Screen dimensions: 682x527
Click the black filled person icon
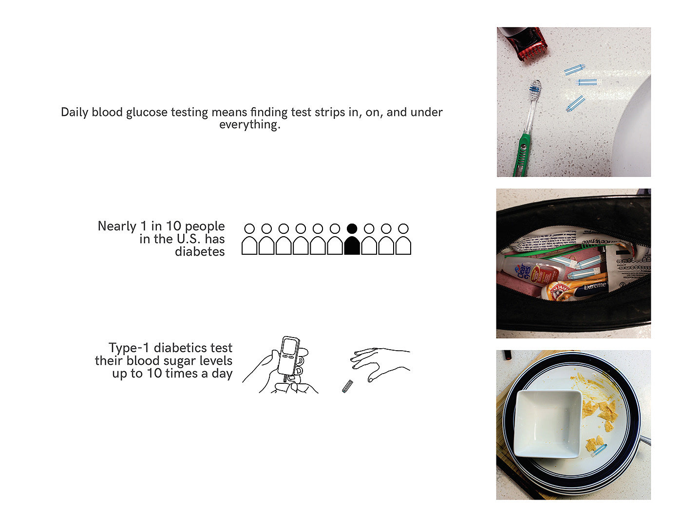coord(352,239)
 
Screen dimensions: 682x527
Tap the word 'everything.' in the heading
coord(249,125)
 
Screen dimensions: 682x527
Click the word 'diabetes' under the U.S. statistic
coord(200,252)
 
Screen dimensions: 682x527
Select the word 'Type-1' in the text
coord(128,348)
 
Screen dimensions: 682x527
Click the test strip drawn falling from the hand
coord(347,386)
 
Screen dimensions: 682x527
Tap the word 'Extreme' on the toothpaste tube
coord(595,285)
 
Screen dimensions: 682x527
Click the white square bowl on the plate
coord(548,423)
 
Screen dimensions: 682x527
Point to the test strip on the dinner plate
coord(599,450)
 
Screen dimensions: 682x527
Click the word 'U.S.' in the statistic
coord(189,239)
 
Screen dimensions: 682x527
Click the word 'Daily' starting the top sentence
coord(75,113)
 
